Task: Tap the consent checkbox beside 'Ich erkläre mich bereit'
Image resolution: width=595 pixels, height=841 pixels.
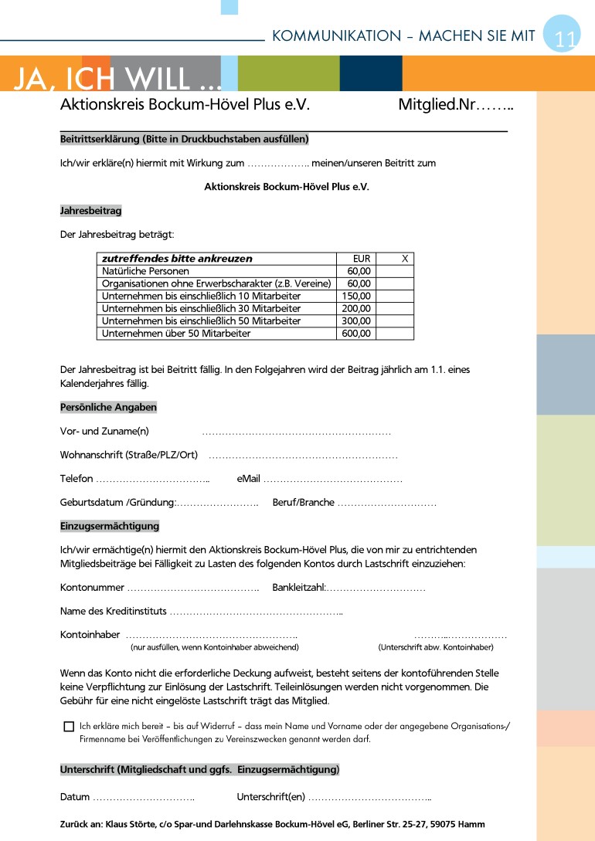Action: coord(69,727)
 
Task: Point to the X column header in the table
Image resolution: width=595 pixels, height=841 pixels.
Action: coord(404,259)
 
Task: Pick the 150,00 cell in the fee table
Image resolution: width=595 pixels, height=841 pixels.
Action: coord(356,296)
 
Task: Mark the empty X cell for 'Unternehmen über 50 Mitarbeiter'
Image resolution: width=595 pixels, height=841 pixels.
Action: coord(394,334)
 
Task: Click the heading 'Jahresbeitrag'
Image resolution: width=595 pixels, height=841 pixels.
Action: coord(91,210)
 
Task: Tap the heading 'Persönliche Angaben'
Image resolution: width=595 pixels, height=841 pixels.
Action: coord(108,407)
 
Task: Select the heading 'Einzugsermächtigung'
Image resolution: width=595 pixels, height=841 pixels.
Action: coord(110,526)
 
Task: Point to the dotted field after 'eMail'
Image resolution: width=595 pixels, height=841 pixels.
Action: coord(333,480)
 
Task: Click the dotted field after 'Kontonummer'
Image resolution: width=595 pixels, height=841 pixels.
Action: coord(193,588)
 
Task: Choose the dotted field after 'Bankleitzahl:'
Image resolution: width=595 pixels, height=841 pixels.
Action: coord(376,588)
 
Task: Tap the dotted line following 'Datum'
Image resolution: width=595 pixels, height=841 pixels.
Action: coord(144,797)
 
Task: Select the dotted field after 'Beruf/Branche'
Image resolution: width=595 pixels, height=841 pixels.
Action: coord(387,503)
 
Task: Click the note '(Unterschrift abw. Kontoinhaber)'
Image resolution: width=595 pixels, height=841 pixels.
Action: coord(436,646)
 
